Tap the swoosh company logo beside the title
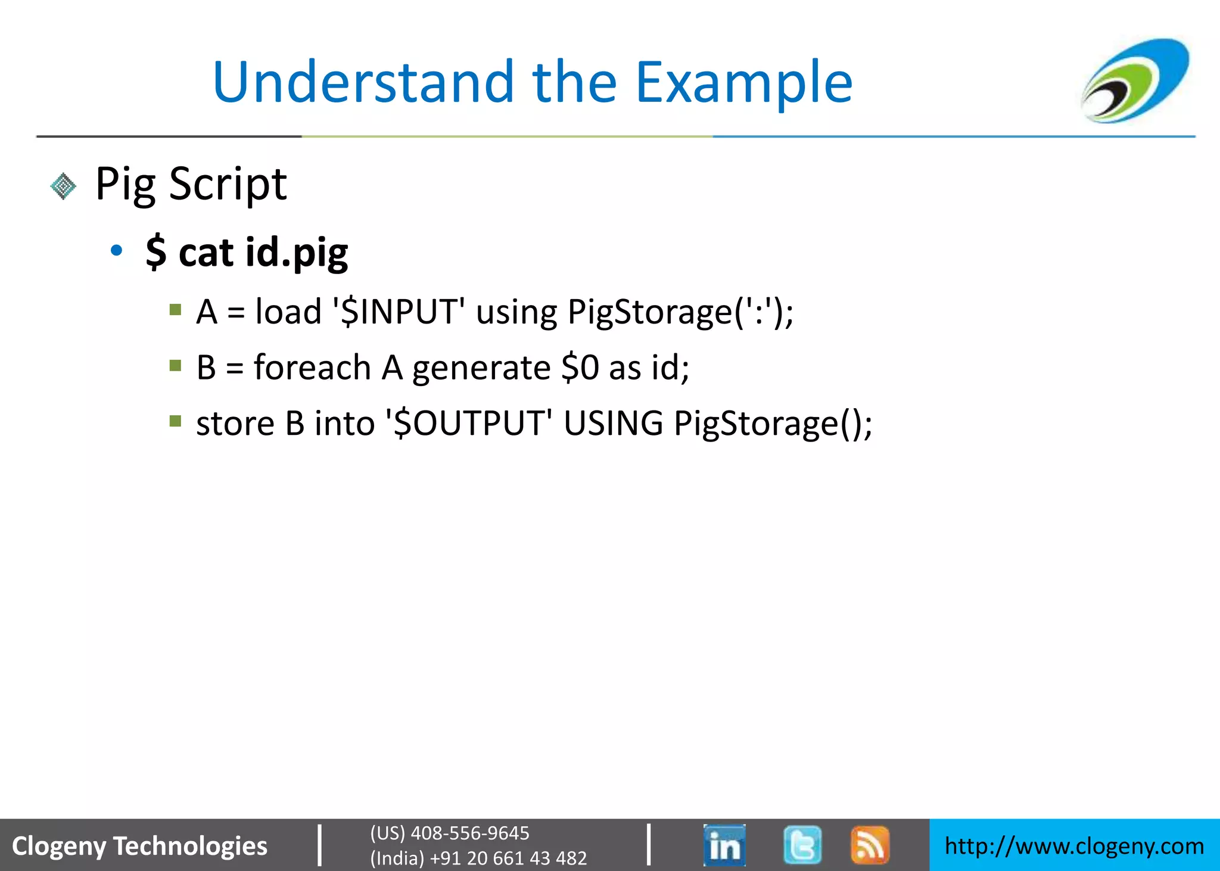1135,80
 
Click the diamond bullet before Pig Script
63,186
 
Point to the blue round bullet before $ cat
117,250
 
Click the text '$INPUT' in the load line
399,311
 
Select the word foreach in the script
312,367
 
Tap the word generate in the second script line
481,368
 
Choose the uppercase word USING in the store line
613,423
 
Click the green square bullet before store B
175,421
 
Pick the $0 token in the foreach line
580,367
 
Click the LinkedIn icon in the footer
724,845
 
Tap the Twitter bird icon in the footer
802,845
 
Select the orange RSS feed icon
870,845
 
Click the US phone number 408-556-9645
470,833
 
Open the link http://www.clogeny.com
1074,846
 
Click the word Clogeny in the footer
58,846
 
